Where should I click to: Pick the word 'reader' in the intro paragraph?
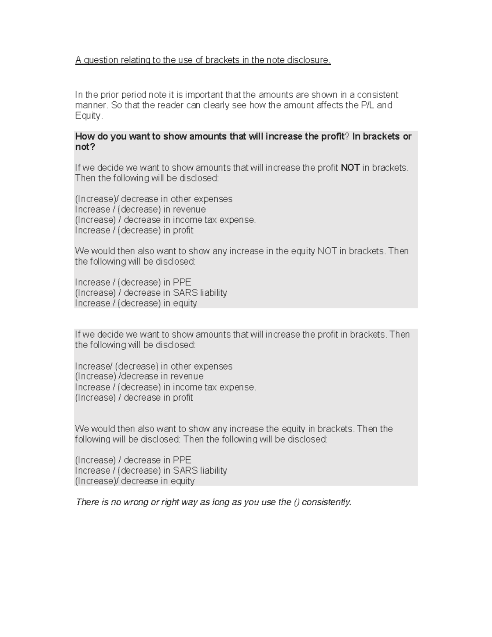click(x=169, y=105)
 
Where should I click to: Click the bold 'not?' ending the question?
click(x=85, y=147)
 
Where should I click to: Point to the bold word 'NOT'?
click(x=350, y=168)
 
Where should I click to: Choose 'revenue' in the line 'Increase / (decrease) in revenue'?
click(x=189, y=210)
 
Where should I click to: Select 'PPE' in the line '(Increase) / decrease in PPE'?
click(x=182, y=460)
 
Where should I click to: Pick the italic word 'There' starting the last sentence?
click(x=87, y=502)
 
